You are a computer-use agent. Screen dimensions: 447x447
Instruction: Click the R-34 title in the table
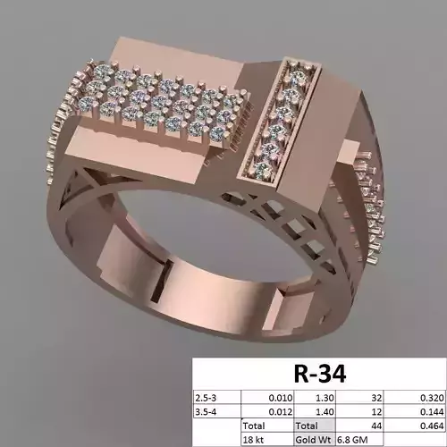coord(319,371)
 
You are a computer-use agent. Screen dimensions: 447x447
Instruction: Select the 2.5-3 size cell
coord(208,396)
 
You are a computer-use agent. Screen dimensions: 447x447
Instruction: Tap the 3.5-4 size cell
coord(208,412)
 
